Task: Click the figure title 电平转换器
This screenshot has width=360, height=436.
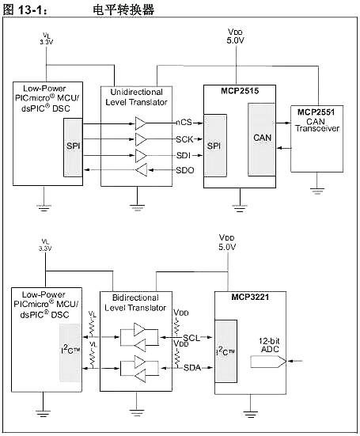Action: click(123, 9)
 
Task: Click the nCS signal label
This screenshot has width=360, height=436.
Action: click(184, 123)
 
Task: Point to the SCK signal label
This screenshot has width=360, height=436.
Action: click(184, 138)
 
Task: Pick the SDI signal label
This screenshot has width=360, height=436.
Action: click(184, 154)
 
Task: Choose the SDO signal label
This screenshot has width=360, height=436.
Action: click(184, 170)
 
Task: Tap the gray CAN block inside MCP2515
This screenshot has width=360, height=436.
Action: click(262, 139)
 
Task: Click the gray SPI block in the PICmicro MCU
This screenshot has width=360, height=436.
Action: click(72, 147)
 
